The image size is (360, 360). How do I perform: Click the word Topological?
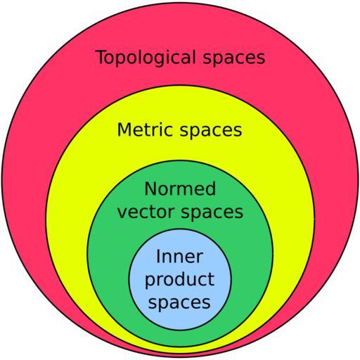(x=146, y=58)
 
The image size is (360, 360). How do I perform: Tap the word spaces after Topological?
(x=234, y=59)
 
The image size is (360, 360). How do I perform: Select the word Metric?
(x=145, y=129)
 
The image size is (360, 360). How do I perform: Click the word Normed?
(x=180, y=188)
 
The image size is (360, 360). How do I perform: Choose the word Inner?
(x=179, y=257)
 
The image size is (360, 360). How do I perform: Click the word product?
(x=179, y=279)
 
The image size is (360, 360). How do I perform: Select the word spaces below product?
(x=179, y=303)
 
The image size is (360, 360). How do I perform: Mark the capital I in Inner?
(x=158, y=257)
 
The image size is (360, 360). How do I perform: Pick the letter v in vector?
(x=122, y=214)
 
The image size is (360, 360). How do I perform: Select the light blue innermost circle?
(x=180, y=279)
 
